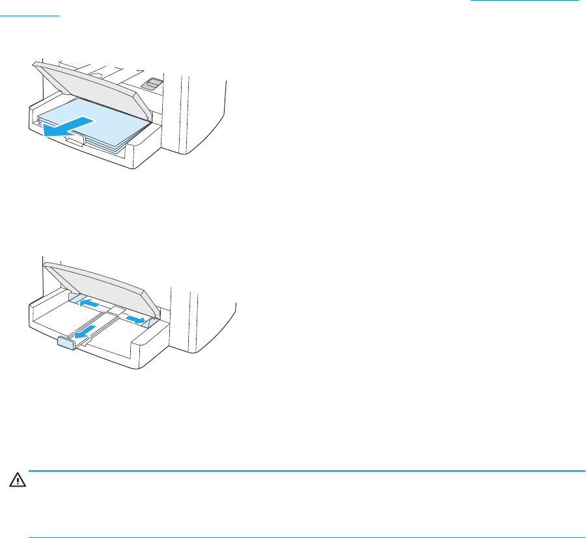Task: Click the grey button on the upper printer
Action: click(154, 83)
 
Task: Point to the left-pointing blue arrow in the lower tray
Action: click(89, 303)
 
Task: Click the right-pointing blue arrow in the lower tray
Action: click(135, 318)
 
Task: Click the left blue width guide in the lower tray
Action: click(74, 298)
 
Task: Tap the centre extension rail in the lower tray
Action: click(98, 325)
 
